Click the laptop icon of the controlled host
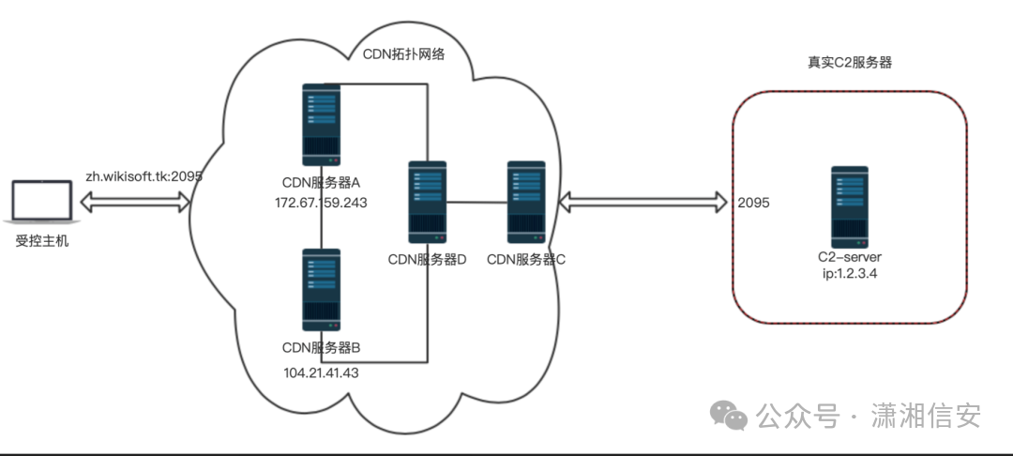(x=42, y=204)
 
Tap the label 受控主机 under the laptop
(x=42, y=241)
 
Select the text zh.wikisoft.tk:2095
(x=144, y=175)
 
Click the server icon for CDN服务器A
(x=321, y=124)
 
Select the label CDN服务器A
(x=321, y=182)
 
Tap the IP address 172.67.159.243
(x=321, y=203)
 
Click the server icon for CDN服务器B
(x=321, y=289)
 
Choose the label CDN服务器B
(x=321, y=348)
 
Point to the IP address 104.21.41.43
(x=321, y=372)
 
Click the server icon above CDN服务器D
(x=427, y=202)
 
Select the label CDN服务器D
(x=427, y=260)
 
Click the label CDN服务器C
(x=526, y=260)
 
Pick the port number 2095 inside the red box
(x=754, y=202)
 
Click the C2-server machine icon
(x=849, y=205)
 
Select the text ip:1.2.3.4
(x=849, y=273)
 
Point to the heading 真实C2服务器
(x=850, y=63)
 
